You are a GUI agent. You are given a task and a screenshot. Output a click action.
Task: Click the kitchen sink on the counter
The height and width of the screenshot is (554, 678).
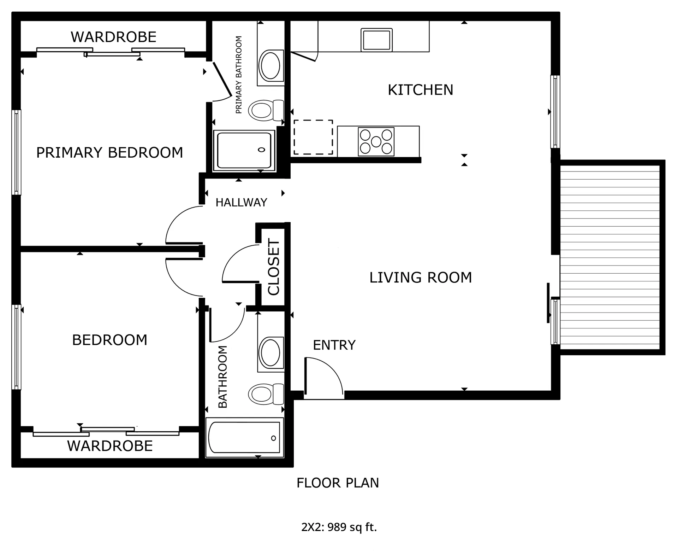376,40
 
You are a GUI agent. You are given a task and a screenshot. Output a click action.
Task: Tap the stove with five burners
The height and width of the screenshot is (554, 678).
376,141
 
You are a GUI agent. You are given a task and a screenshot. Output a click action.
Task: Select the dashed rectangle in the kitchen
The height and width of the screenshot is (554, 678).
313,137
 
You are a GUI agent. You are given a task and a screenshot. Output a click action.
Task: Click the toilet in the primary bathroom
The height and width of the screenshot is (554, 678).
266,110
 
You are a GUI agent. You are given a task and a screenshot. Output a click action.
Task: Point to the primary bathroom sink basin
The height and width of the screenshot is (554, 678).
270,66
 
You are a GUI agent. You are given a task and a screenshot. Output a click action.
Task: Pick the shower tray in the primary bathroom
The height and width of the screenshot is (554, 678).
244,151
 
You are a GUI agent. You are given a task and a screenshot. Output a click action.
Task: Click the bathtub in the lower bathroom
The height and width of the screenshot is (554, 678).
244,438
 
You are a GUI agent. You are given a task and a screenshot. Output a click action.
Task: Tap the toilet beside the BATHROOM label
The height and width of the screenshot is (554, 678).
266,394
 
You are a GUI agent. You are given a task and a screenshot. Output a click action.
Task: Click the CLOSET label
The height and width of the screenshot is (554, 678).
274,267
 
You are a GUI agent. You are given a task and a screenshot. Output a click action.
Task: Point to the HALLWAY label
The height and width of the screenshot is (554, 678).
241,203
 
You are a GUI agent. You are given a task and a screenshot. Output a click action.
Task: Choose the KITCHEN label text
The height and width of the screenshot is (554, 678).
421,90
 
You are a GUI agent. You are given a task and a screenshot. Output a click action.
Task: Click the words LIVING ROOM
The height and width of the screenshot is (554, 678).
421,278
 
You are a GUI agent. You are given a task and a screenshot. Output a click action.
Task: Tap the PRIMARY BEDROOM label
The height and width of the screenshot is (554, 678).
110,153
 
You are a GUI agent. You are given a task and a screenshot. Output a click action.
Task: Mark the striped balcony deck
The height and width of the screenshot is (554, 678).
610,257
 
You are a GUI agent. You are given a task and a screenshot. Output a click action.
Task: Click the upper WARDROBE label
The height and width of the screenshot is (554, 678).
113,37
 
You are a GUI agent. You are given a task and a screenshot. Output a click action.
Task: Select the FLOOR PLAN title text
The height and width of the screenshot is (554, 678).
338,483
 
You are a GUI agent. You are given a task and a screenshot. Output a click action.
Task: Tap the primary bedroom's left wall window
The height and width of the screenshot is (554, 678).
16,152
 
